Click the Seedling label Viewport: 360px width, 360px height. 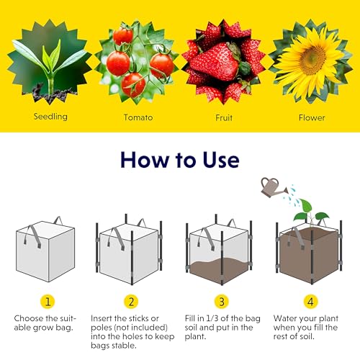pyautogui.click(x=50, y=117)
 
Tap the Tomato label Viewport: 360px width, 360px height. pyautogui.click(x=138, y=117)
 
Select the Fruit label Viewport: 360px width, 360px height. pyautogui.click(x=224, y=117)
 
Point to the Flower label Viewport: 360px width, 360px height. pyautogui.click(x=312, y=117)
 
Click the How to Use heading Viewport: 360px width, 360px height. pyautogui.click(x=180, y=160)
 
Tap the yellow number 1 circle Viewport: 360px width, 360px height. pyautogui.click(x=48, y=302)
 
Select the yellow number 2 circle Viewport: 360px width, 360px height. pyautogui.click(x=131, y=302)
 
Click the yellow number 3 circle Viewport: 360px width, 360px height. pyautogui.click(x=222, y=302)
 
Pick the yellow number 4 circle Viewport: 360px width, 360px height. pyautogui.click(x=310, y=302)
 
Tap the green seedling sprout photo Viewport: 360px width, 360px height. pyautogui.click(x=50, y=61)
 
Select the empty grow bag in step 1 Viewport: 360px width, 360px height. pyautogui.click(x=45, y=250)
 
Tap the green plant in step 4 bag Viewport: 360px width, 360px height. pyautogui.click(x=308, y=212)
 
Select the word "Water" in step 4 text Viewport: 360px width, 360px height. pyautogui.click(x=285, y=318)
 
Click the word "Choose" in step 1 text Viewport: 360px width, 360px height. pyautogui.click(x=29, y=318)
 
